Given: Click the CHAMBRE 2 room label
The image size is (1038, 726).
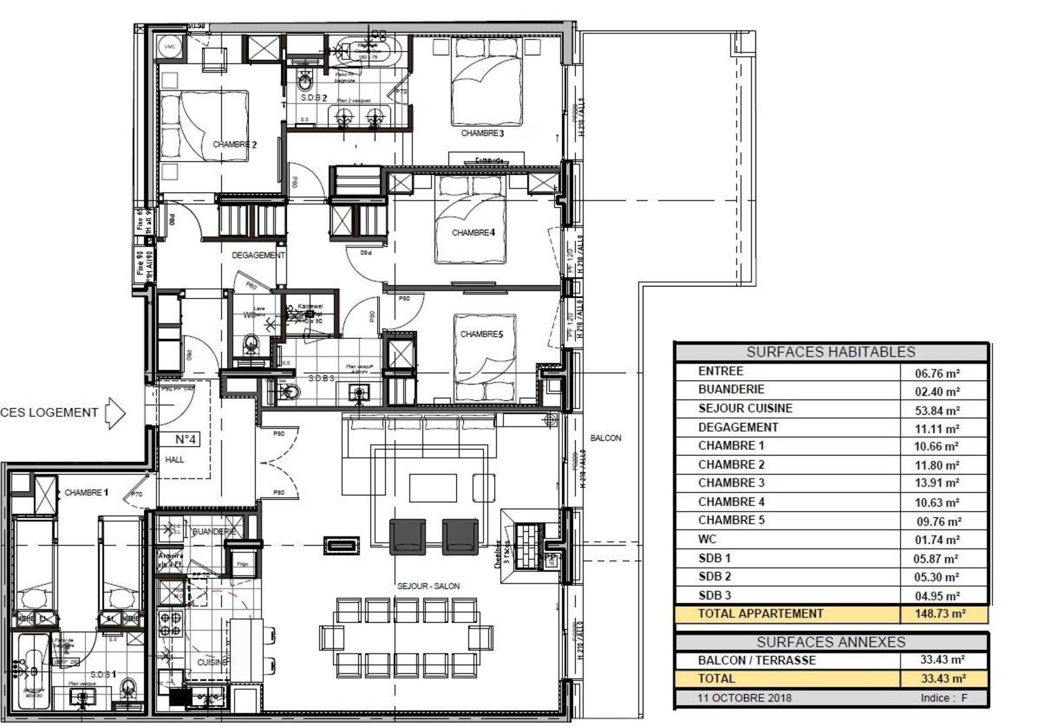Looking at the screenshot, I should pyautogui.click(x=235, y=145).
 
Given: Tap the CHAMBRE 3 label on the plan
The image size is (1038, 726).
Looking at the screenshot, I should pyautogui.click(x=482, y=133).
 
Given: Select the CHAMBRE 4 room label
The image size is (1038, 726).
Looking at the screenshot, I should pyautogui.click(x=473, y=232).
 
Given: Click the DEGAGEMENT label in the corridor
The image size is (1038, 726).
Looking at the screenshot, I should pyautogui.click(x=258, y=255).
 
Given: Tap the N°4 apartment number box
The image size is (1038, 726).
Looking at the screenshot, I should pyautogui.click(x=185, y=439).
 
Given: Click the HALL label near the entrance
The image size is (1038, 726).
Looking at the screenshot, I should pyautogui.click(x=174, y=459).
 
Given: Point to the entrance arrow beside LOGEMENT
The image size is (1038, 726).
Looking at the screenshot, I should pyautogui.click(x=116, y=413).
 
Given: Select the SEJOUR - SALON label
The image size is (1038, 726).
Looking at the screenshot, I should pyautogui.click(x=428, y=586).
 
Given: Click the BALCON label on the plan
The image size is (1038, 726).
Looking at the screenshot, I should pyautogui.click(x=605, y=438).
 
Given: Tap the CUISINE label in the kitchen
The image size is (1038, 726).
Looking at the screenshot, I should pyautogui.click(x=212, y=662).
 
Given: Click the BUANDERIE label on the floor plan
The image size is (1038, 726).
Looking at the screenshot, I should pyautogui.click(x=214, y=532).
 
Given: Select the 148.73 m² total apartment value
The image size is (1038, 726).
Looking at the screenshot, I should pyautogui.click(x=940, y=613).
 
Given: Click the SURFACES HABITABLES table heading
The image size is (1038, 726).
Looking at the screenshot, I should pyautogui.click(x=830, y=352).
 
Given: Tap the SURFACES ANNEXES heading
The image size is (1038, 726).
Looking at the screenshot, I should pyautogui.click(x=830, y=642).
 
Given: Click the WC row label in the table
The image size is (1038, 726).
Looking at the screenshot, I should pyautogui.click(x=707, y=539).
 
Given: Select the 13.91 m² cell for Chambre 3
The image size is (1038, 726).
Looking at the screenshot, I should pyautogui.click(x=937, y=483).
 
